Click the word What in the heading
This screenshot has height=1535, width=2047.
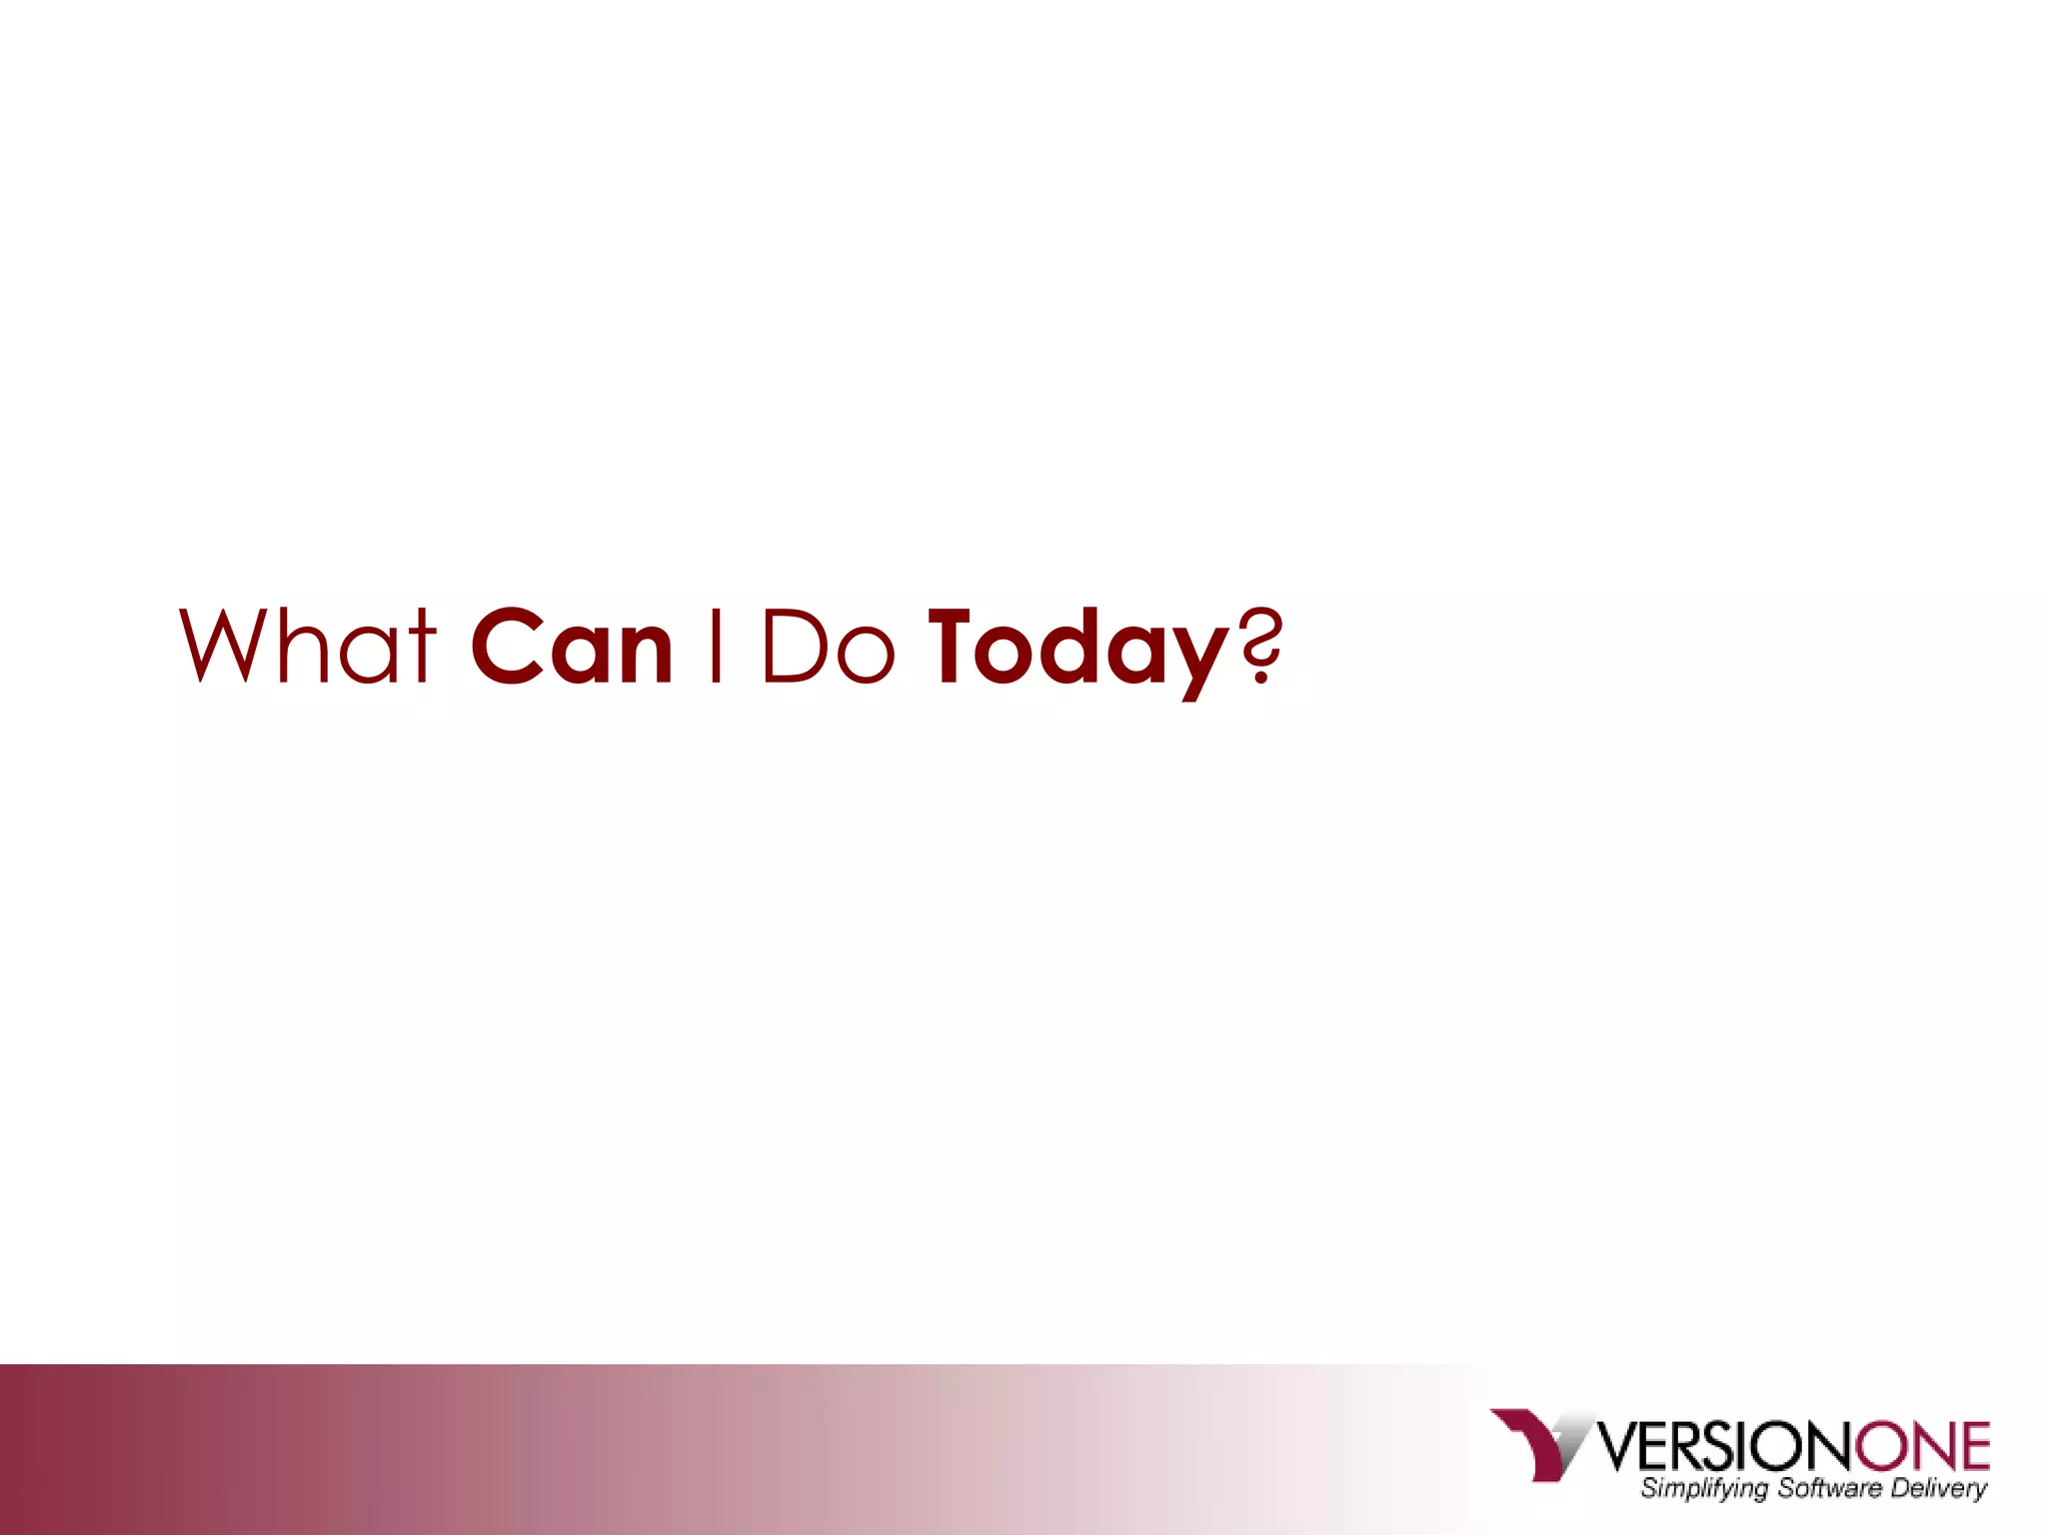pyautogui.click(x=307, y=647)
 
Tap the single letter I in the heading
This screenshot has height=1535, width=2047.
pyautogui.click(x=715, y=647)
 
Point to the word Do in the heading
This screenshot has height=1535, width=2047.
pyautogui.click(x=828, y=647)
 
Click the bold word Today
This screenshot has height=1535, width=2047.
pyautogui.click(x=1079, y=650)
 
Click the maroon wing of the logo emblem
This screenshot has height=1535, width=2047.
pyautogui.click(x=1529, y=1439)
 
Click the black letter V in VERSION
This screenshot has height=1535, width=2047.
pyautogui.click(x=1620, y=1448)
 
